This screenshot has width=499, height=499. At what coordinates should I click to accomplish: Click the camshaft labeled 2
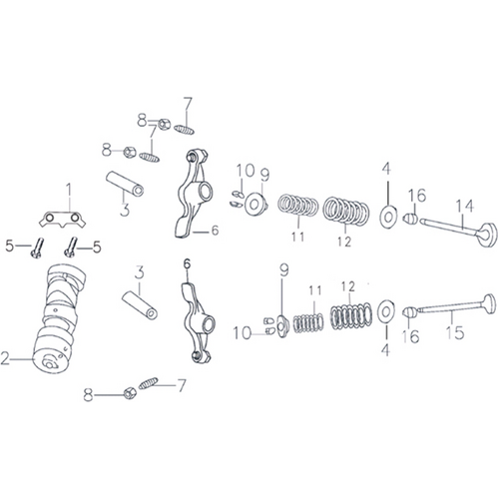pos(58,319)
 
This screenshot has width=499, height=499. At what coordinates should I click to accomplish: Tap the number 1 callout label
pos(69,192)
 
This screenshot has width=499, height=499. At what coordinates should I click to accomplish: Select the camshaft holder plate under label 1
pos(62,220)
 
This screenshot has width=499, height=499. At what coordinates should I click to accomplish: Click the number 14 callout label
pos(464,207)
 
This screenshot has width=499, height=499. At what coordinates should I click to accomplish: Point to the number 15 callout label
pos(455,332)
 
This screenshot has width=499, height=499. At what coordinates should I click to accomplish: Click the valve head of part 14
pos(488,235)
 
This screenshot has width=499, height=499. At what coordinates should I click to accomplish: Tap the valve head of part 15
pos(490,303)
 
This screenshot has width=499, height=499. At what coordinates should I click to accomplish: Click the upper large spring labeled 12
pos(346,211)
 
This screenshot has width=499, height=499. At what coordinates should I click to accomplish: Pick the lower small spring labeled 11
pos(308,323)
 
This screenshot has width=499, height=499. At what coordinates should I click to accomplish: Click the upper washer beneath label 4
pos(388,218)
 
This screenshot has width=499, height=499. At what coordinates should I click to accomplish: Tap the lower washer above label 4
pos(386,312)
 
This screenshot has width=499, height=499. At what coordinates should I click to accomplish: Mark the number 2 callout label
pos(5,358)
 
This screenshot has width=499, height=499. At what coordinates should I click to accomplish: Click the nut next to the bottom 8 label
pos(130,393)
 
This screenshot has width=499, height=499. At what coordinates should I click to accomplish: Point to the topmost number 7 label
pos(188,104)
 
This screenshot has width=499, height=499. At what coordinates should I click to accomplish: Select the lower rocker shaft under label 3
pos(140,305)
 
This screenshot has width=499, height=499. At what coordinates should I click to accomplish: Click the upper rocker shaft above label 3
pos(125,184)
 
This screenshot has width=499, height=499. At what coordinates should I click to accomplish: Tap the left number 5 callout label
pos(10,247)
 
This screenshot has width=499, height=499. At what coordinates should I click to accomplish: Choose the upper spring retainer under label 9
pos(255,204)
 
